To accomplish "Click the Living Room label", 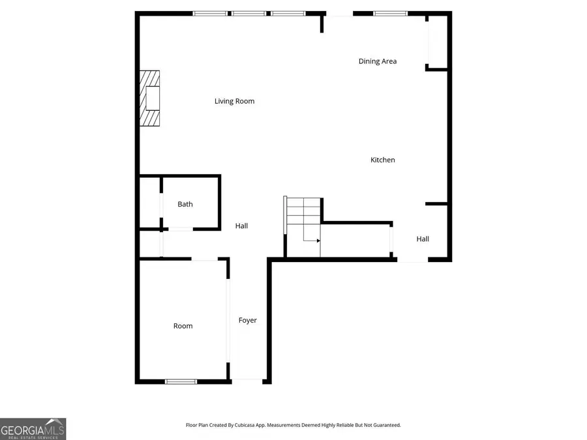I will point(234,101).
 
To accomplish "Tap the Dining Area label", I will point(377,61).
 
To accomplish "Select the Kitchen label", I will point(383,160).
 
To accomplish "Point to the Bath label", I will point(185,204).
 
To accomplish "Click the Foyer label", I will point(247,320).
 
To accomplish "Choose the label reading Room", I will point(183,326).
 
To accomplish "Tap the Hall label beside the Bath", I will point(241,226).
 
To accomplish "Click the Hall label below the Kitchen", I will point(423,239).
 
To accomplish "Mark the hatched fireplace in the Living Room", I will point(150,98).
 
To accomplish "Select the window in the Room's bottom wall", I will point(181,381).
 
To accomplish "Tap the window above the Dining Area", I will point(390,13).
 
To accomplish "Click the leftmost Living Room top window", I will point(210,13).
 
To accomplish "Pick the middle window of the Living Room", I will point(249,13).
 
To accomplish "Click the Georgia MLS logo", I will point(33,429).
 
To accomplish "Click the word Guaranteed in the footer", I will point(384,425).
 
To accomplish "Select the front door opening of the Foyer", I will point(248,381).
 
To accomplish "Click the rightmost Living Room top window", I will point(288,13).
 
